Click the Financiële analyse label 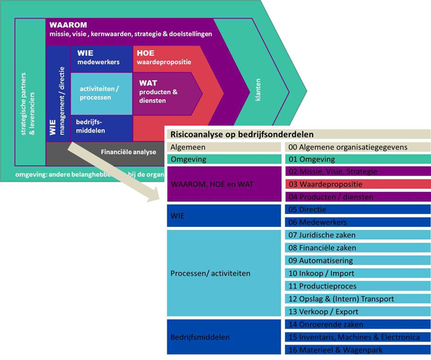click(x=128, y=152)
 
